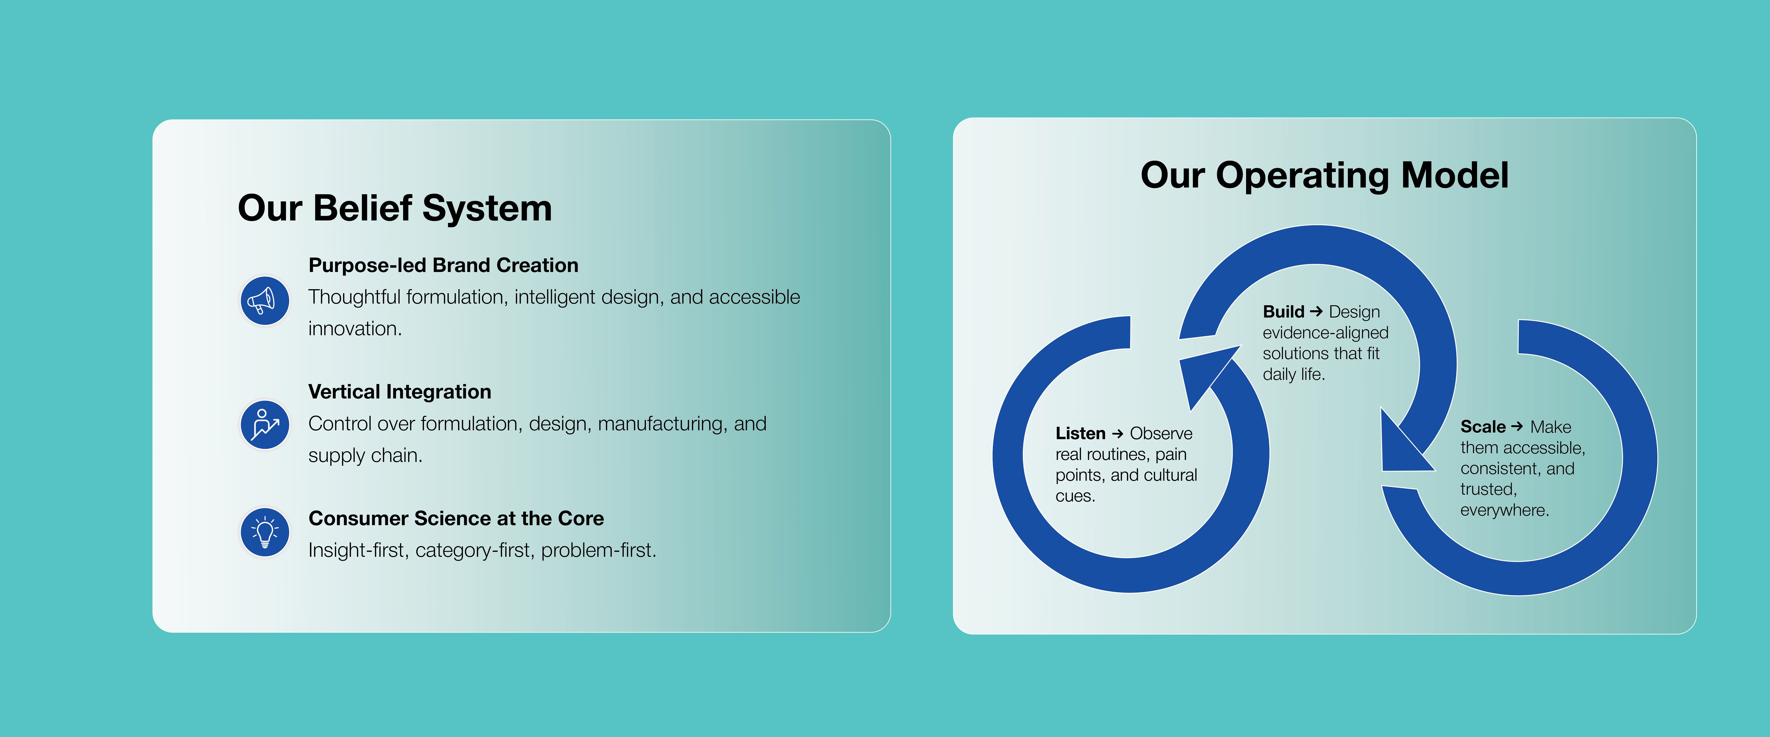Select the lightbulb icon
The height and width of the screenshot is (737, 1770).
click(x=265, y=532)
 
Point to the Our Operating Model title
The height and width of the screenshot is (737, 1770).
click(x=1324, y=176)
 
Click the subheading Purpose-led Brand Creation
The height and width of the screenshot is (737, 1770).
click(x=443, y=265)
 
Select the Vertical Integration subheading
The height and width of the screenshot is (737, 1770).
click(x=400, y=392)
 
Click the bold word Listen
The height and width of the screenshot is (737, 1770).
click(x=1080, y=433)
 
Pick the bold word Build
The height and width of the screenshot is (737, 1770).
click(x=1283, y=312)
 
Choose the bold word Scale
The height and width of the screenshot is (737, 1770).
click(x=1483, y=427)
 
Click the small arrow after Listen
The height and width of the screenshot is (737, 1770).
click(x=1117, y=433)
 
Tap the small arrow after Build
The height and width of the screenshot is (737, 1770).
click(x=1316, y=312)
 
